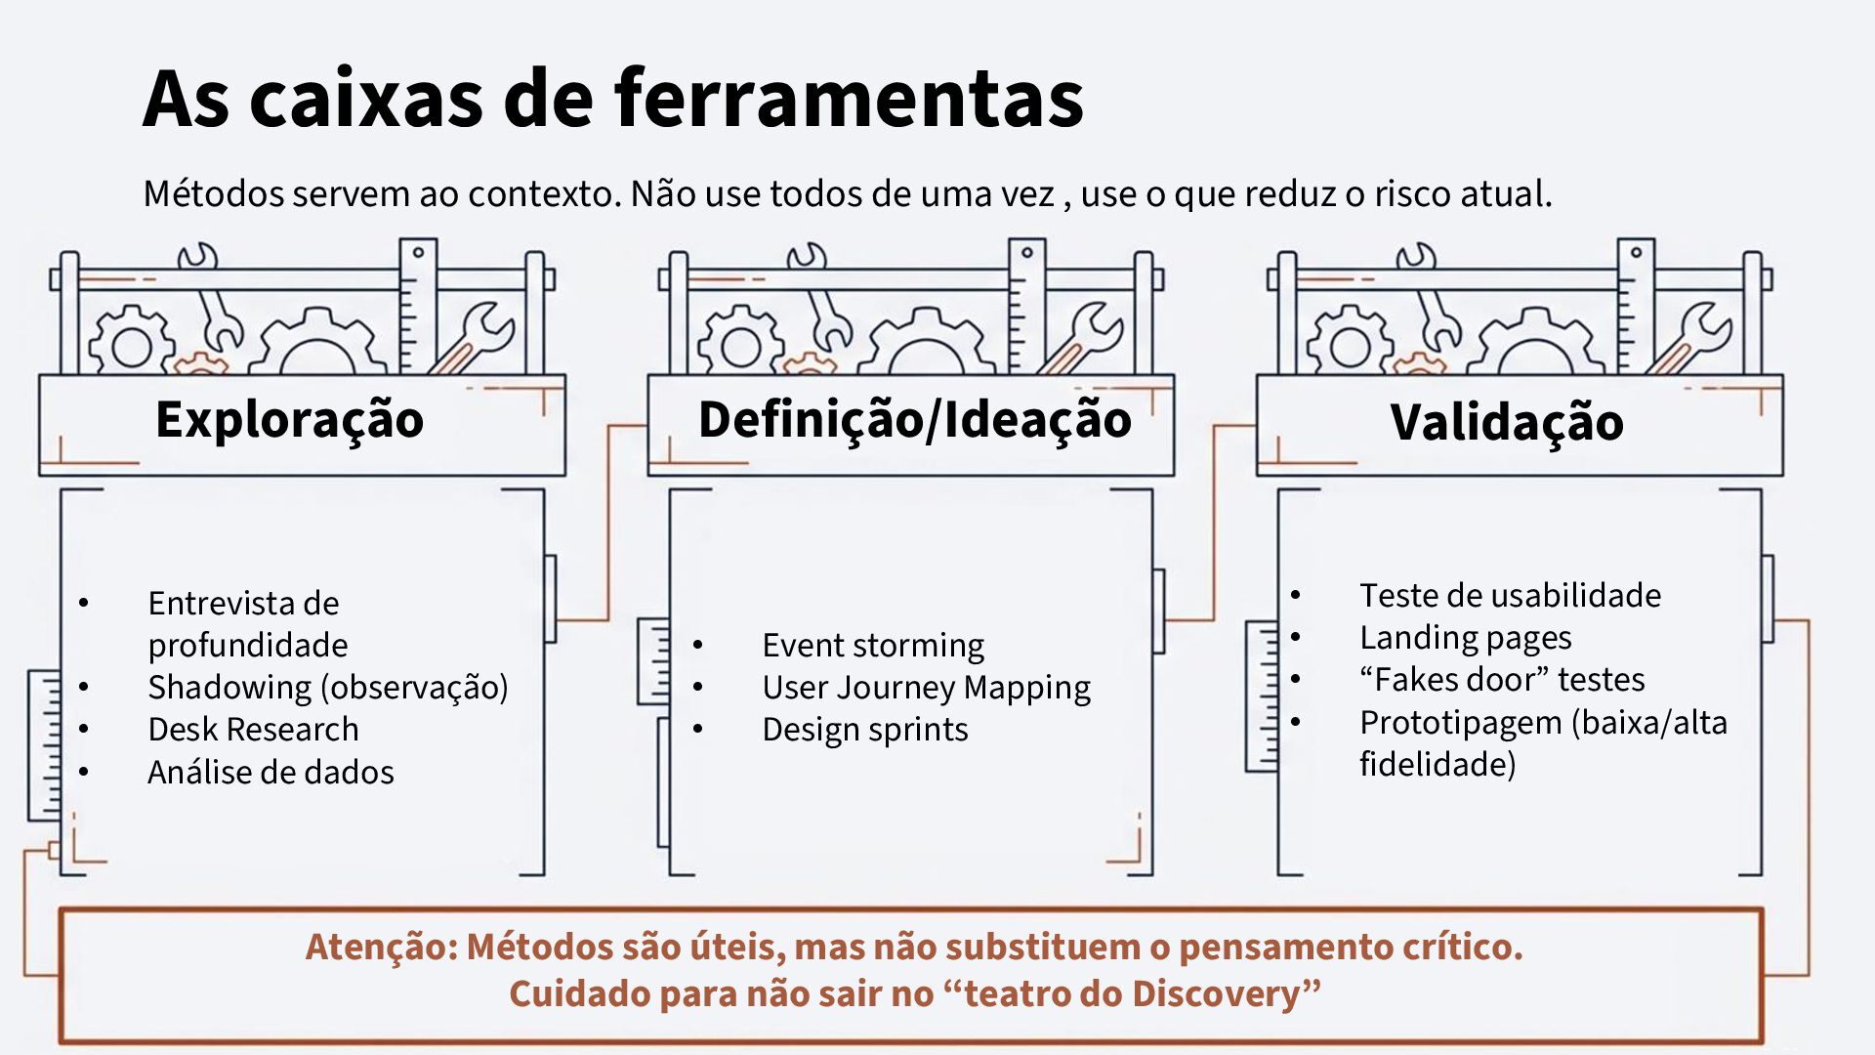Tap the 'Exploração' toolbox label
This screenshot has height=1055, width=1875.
[289, 419]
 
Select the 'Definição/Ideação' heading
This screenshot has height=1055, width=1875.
[914, 419]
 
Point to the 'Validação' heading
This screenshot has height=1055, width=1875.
[1506, 422]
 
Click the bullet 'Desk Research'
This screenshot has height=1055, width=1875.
[253, 730]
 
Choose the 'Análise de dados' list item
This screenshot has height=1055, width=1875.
[271, 773]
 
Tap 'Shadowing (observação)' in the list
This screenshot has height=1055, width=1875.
[327, 687]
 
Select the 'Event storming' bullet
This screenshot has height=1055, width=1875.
[873, 645]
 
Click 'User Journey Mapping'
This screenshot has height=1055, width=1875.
[926, 687]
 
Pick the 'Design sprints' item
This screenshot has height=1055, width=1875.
[864, 730]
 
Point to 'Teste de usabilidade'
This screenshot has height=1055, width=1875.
[1510, 595]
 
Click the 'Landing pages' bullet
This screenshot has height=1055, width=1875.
[1465, 637]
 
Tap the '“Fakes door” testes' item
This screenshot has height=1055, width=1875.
[1502, 679]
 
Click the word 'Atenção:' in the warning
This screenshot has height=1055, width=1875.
[381, 947]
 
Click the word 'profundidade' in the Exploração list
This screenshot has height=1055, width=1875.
[248, 645]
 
